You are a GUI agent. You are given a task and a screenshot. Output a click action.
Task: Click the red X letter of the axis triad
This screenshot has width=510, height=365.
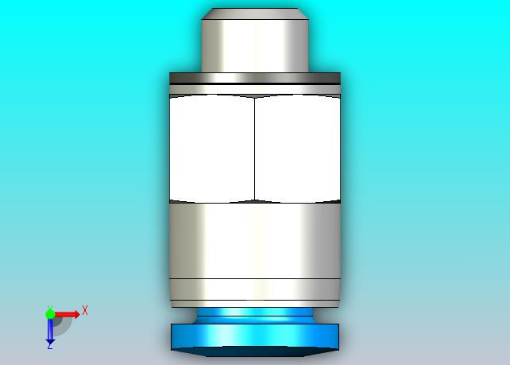pos(85,310)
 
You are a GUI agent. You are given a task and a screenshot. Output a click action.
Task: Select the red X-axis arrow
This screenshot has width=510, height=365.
pos(67,314)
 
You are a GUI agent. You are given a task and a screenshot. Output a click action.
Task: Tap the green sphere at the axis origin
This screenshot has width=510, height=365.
pos(50,314)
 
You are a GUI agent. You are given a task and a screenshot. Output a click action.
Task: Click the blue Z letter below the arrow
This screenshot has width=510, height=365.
pos(50,347)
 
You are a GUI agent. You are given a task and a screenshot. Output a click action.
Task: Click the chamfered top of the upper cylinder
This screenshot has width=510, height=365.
pos(255,14)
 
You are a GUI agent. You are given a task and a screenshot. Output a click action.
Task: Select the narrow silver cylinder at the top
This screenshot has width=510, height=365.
pos(255,45)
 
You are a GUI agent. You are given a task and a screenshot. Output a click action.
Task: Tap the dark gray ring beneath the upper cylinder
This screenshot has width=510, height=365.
pos(255,78)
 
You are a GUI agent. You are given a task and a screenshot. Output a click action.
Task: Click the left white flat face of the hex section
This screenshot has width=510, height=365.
pos(212,148)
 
